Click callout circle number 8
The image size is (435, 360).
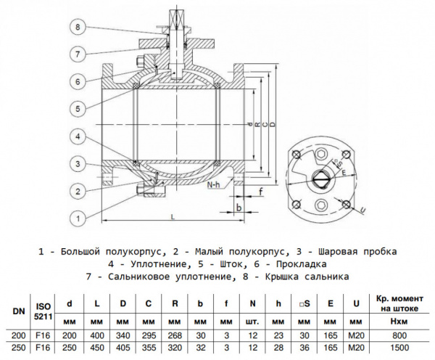[80, 27]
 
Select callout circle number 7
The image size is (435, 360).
[80, 54]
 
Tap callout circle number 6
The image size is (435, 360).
[80, 81]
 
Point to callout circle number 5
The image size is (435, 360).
[80, 108]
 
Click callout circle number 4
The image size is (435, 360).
[80, 136]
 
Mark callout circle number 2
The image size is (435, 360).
[80, 191]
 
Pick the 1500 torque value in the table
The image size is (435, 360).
[400, 348]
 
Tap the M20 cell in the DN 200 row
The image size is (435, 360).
[356, 335]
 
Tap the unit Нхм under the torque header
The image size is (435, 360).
[400, 320]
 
